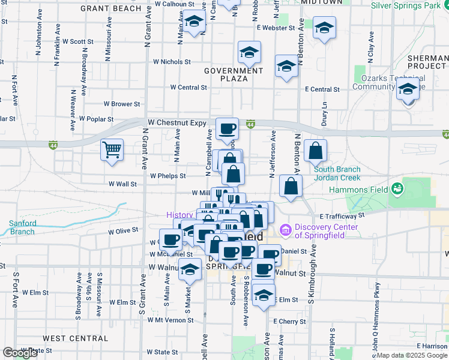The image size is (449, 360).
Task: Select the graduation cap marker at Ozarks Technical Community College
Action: click(408, 90)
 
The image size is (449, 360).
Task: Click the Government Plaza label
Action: click(234, 74)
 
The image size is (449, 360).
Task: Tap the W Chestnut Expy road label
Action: click(177, 122)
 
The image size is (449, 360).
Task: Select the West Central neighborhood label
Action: click(76, 338)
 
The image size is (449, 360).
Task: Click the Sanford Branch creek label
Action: click(22, 227)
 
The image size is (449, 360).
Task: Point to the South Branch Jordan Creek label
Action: click(337, 173)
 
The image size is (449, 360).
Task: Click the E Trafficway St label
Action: click(342, 215)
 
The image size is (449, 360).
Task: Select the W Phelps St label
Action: click(167, 176)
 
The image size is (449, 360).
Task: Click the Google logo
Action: click(20, 353)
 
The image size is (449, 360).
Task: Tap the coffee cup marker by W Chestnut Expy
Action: click(228, 128)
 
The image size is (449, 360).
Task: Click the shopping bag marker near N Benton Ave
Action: click(315, 151)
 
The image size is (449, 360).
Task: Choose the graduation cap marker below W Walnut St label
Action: click(190, 270)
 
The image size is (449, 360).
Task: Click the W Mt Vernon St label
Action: click(170, 320)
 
